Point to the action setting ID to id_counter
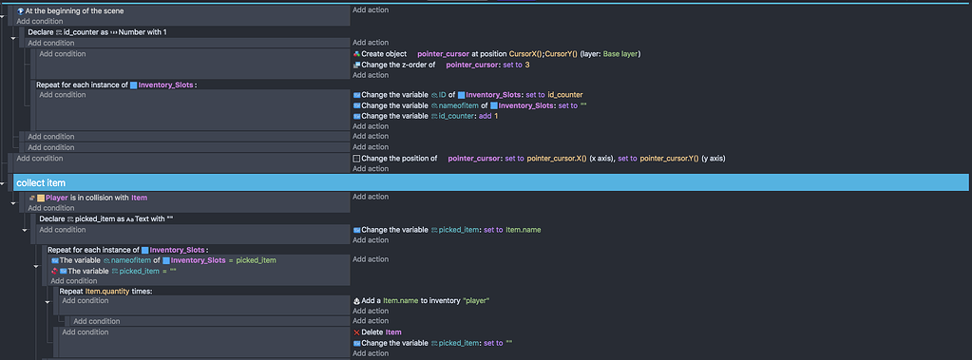pyautogui.click(x=471, y=95)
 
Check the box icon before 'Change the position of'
pyautogui.click(x=356, y=158)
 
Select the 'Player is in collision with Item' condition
pyautogui.click(x=91, y=198)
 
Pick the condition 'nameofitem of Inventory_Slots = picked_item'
pyautogui.click(x=167, y=260)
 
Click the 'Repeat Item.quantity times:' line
pyautogui.click(x=105, y=291)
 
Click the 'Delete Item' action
pyautogui.click(x=381, y=332)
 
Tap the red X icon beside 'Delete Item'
pyautogui.click(x=356, y=332)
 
